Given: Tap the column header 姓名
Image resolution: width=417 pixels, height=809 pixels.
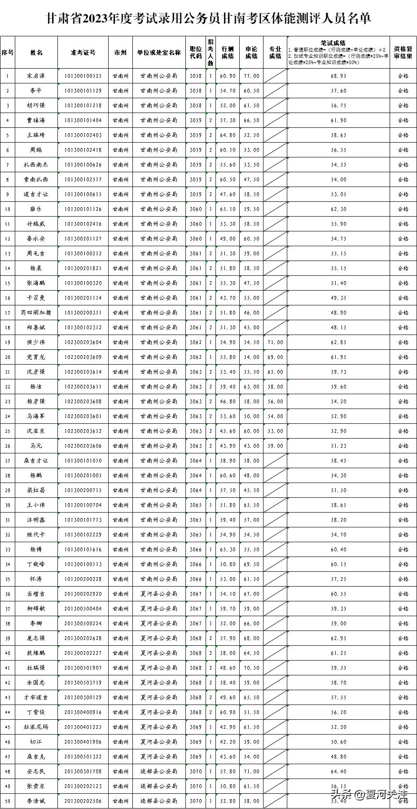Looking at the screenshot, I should click(36, 52).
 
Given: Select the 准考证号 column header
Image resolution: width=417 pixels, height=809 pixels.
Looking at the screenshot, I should click(83, 52).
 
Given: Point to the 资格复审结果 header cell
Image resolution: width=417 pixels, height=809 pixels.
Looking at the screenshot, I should click(403, 52).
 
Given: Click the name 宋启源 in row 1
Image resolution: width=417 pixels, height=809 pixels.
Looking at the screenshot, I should click(36, 76).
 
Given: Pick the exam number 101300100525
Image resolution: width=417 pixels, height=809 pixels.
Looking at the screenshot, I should click(83, 76).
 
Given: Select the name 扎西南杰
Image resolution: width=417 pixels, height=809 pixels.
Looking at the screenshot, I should click(36, 165).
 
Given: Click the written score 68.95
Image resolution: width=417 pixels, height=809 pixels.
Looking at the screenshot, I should click(338, 76).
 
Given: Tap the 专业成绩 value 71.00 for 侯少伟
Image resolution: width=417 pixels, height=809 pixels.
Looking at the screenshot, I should click(275, 343).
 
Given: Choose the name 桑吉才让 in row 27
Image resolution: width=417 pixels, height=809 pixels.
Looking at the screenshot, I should click(36, 461).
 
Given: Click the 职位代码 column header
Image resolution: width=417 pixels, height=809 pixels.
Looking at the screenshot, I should click(196, 52).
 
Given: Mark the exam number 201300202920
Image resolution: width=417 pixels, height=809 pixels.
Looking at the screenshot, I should click(83, 594).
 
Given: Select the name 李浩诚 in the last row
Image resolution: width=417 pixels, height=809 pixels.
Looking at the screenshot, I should click(36, 801).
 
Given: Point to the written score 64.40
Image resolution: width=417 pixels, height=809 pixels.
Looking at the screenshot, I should click(338, 772).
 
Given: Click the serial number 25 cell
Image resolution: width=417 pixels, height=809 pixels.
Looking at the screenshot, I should click(8, 431).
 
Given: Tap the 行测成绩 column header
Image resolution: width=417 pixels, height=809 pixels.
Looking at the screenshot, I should click(228, 52).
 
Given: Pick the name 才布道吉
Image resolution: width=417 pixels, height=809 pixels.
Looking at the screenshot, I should click(36, 698).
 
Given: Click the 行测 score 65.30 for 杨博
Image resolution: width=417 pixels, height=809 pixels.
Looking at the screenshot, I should click(228, 550).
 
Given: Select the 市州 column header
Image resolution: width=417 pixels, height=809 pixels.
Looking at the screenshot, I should click(120, 52).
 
